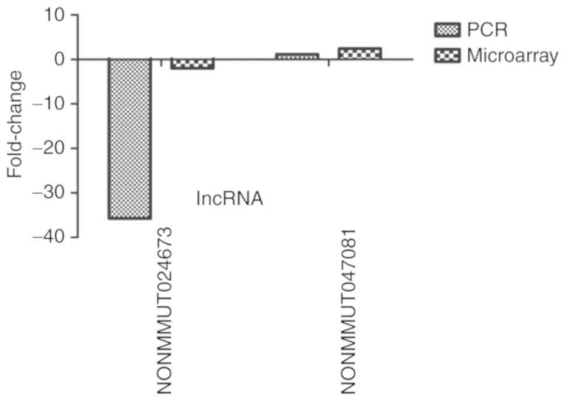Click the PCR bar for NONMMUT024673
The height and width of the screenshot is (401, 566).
130,139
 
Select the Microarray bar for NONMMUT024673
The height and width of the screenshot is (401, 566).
192,64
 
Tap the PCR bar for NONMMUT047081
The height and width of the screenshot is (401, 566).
297,56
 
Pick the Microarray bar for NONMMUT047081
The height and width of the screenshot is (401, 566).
360,53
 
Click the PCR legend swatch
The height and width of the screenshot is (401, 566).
447,29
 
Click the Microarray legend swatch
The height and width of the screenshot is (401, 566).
447,56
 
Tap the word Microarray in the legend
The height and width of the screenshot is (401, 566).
512,57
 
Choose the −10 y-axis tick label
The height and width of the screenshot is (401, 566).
52,104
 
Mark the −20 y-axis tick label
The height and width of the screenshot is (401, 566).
52,148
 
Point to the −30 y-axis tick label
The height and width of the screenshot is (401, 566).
52,193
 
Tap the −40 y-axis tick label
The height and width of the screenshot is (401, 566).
52,237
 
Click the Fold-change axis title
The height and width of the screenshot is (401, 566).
16,124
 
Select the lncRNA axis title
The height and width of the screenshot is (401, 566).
230,199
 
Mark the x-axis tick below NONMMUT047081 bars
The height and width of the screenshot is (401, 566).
328,62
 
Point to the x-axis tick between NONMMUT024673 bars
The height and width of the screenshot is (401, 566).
161,62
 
